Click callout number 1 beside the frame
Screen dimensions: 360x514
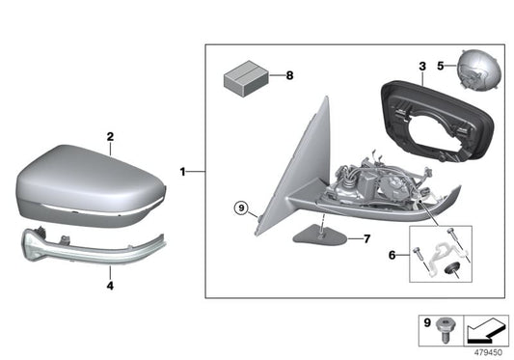[x=182, y=172]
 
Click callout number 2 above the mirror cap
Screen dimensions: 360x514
[x=110, y=137]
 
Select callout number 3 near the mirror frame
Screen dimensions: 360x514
[x=421, y=66]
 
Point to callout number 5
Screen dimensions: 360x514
[x=440, y=67]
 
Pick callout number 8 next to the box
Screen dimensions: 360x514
[x=286, y=73]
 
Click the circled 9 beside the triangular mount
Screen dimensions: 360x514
[x=241, y=206]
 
